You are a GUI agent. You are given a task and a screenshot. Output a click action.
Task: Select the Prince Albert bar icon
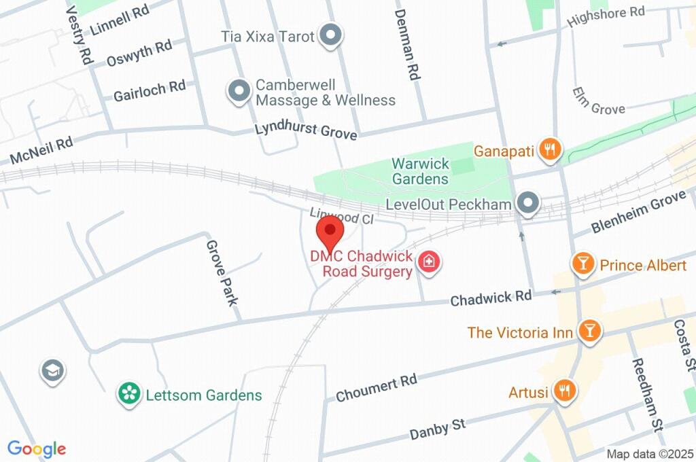[582, 265]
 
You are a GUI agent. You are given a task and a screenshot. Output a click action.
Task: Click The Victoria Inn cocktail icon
[589, 332]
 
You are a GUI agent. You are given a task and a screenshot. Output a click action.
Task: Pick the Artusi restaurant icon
[564, 391]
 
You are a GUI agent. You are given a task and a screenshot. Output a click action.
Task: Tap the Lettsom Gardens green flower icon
[127, 395]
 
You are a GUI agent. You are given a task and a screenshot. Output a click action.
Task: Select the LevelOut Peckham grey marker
[527, 203]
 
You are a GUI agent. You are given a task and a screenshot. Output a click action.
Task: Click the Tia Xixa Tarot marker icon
[330, 35]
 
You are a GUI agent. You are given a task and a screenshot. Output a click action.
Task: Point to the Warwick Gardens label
[420, 171]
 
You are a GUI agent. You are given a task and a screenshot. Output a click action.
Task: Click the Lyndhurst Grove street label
[305, 130]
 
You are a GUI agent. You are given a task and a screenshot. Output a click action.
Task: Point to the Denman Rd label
[406, 45]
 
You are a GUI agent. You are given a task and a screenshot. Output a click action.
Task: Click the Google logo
[37, 448]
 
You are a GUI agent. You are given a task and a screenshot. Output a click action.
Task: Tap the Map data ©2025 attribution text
[650, 454]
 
